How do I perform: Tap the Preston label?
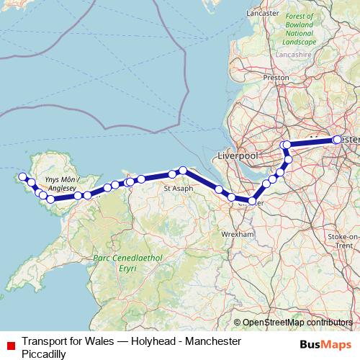click(x=276, y=77)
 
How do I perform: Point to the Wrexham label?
click(x=238, y=234)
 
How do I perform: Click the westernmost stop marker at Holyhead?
click(x=22, y=176)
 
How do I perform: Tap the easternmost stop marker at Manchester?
click(x=337, y=140)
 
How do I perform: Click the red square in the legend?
click(x=10, y=347)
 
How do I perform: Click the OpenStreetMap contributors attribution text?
click(x=297, y=323)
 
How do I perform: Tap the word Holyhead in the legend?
click(x=145, y=341)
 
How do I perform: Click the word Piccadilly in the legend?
click(x=44, y=354)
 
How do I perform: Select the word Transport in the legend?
click(x=45, y=341)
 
